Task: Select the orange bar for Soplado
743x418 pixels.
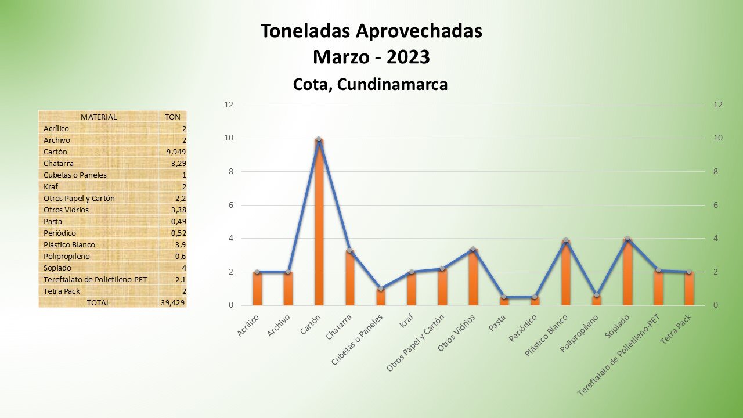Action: [627, 273]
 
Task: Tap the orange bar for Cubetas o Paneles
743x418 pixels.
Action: [380, 297]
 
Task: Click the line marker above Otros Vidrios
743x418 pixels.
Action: [473, 249]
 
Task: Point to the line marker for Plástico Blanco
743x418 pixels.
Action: [566, 240]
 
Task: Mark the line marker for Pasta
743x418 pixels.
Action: [504, 297]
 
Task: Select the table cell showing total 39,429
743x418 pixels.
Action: [173, 302]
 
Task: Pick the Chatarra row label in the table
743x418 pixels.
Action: [59, 163]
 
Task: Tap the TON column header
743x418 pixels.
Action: [172, 117]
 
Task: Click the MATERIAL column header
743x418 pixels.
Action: [99, 117]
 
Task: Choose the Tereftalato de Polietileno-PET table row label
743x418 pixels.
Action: [95, 279]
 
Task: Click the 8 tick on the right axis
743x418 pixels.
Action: [718, 172]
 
